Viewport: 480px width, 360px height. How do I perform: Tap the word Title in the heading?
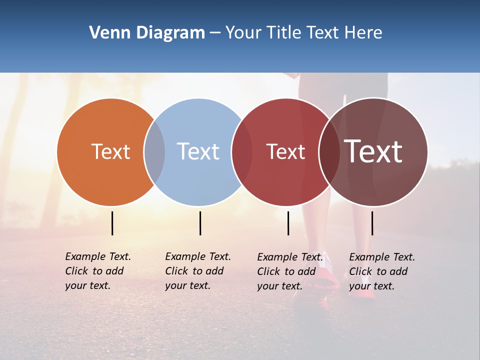(283, 33)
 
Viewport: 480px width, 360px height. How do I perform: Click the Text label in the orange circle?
(110, 151)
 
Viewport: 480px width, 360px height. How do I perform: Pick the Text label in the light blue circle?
(198, 151)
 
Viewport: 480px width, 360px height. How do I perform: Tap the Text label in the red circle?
(285, 151)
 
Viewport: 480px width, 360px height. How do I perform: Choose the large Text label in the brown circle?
(373, 151)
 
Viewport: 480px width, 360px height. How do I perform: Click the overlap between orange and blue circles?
(154, 152)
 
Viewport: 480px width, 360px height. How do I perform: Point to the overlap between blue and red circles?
(241, 152)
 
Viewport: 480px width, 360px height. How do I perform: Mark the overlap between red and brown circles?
(329, 152)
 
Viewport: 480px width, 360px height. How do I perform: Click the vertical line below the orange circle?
(112, 223)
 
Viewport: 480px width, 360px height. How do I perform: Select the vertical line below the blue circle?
(200, 223)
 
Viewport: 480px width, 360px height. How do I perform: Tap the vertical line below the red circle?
(288, 223)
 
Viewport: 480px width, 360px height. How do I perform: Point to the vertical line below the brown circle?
(372, 223)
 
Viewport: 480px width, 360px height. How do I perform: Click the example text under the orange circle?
(97, 271)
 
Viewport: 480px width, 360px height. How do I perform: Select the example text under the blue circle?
(197, 271)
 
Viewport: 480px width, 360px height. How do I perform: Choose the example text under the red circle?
(289, 271)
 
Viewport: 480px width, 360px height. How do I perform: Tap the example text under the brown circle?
(381, 271)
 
